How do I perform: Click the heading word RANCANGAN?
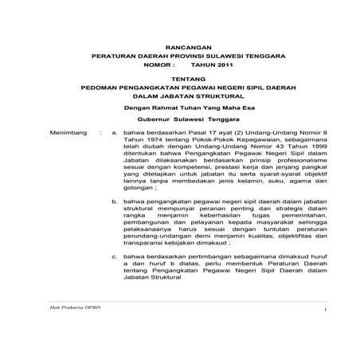[179, 47]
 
